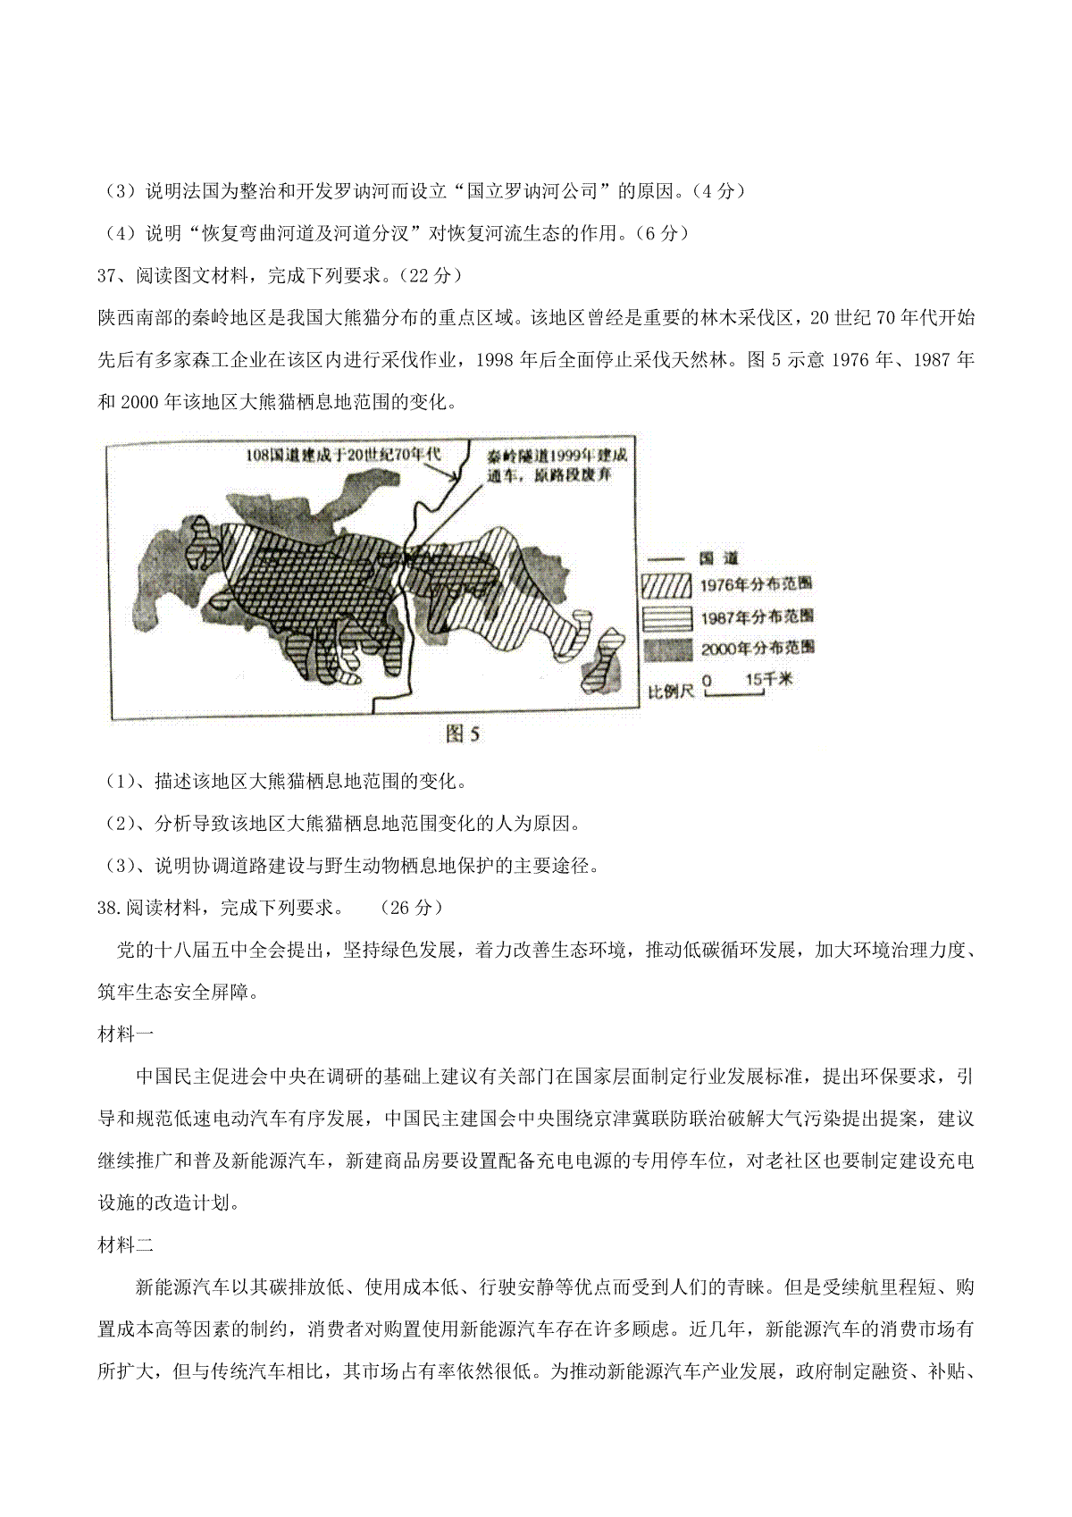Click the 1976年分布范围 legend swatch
(x=666, y=585)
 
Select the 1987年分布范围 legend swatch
(x=666, y=616)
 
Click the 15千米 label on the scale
(x=767, y=680)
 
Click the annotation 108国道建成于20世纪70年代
(x=344, y=455)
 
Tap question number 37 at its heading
(x=108, y=276)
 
